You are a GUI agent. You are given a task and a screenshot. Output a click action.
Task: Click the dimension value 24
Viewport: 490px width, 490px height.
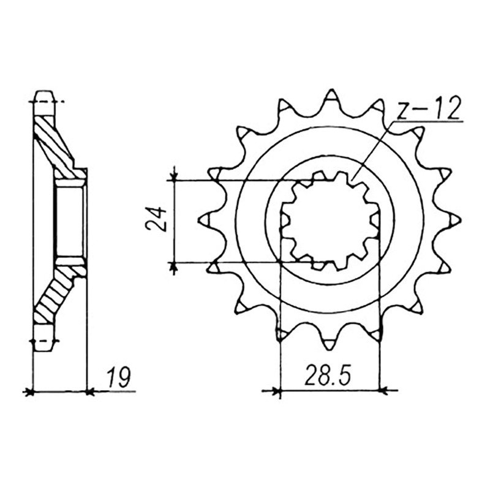click(156, 219)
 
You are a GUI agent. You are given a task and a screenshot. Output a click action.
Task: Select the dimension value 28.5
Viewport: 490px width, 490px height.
click(328, 375)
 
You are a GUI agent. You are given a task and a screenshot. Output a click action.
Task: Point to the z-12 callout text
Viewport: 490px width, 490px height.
click(428, 108)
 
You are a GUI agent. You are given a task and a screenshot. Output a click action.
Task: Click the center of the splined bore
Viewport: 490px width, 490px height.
click(330, 221)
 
